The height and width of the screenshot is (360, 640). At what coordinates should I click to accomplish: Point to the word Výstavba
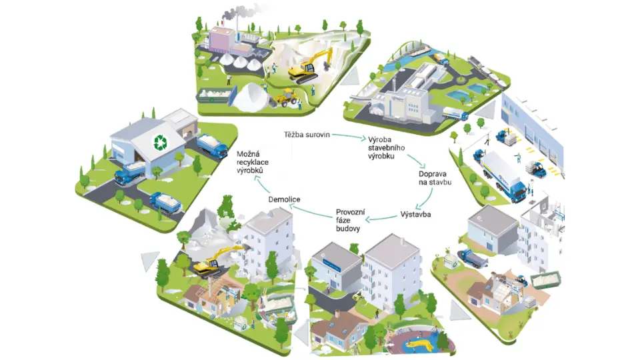pyautogui.click(x=415, y=215)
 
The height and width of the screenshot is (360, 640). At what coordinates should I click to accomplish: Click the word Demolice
pyautogui.click(x=285, y=199)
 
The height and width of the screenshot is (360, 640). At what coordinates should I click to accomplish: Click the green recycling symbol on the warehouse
pyautogui.click(x=160, y=142)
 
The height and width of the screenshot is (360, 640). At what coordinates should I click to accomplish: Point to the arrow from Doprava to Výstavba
pyautogui.click(x=423, y=199)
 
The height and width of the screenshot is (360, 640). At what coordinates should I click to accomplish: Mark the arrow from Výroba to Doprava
pyautogui.click(x=419, y=161)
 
